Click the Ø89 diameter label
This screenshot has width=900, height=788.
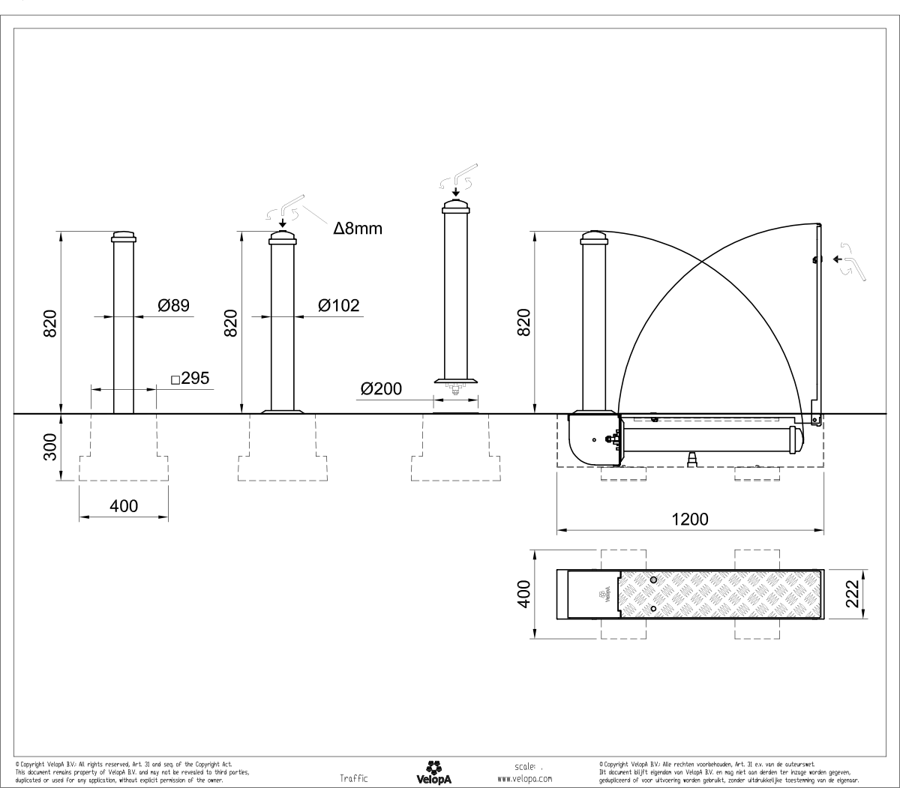click(173, 306)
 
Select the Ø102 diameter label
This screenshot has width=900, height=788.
click(338, 306)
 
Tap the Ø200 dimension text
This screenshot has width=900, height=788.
click(381, 389)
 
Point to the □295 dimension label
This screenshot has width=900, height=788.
click(190, 379)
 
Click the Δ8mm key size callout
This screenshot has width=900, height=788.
click(358, 229)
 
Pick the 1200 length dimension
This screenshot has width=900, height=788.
click(690, 519)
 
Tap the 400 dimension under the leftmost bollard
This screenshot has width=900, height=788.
click(124, 507)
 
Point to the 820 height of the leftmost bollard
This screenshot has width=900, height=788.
click(49, 323)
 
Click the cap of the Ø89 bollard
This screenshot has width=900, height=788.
click(124, 238)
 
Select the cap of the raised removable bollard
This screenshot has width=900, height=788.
click(456, 207)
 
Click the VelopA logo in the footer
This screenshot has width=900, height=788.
click(433, 773)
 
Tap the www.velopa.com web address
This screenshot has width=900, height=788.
click(525, 779)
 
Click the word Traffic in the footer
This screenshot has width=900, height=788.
click(354, 779)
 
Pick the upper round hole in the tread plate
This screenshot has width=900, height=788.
click(654, 580)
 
